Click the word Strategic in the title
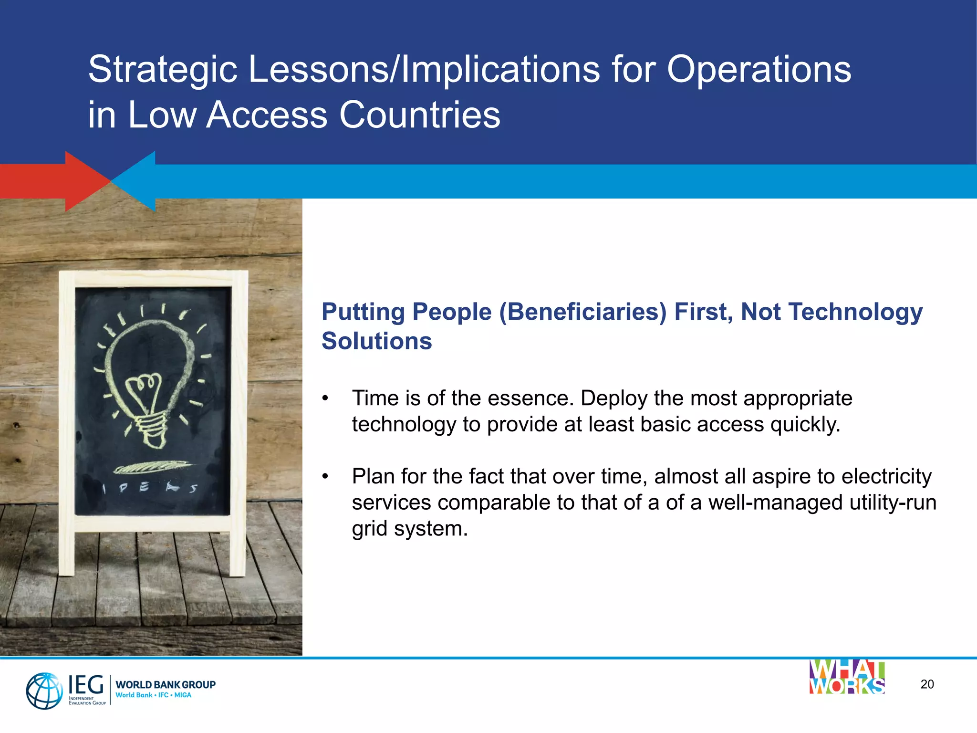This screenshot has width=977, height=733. click(163, 70)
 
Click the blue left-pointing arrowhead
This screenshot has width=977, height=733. click(136, 181)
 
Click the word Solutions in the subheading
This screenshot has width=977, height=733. click(376, 341)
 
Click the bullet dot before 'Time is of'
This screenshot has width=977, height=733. click(325, 398)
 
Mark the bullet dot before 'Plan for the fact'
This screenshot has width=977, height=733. click(325, 477)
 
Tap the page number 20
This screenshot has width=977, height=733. click(927, 684)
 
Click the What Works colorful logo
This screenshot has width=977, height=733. click(847, 677)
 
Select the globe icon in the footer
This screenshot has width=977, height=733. click(44, 691)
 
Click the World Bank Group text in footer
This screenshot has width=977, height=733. click(166, 685)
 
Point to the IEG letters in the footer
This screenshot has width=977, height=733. click(86, 685)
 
